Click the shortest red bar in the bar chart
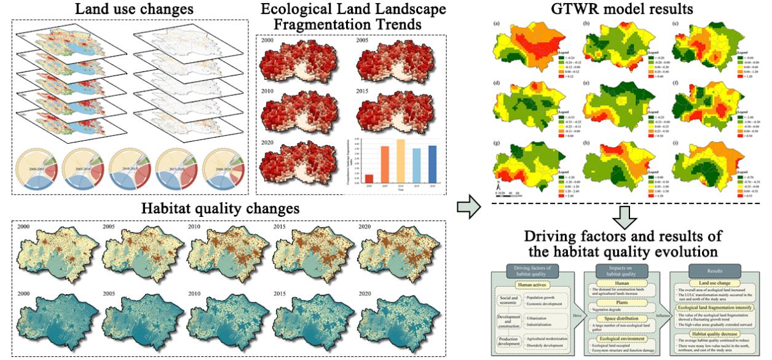pyautogui.click(x=352, y=178)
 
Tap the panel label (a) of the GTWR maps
pyautogui.click(x=495, y=23)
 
